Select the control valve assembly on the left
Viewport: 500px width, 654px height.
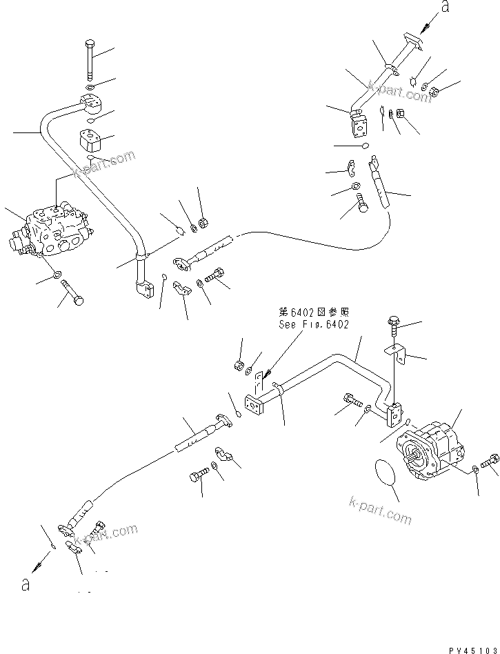point(52,232)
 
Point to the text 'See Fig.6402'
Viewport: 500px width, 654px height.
point(313,324)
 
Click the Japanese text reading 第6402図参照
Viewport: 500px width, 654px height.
point(314,313)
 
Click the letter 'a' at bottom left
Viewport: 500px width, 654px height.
point(25,584)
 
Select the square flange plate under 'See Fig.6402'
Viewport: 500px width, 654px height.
point(252,406)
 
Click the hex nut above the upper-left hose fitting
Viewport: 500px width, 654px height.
point(203,223)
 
